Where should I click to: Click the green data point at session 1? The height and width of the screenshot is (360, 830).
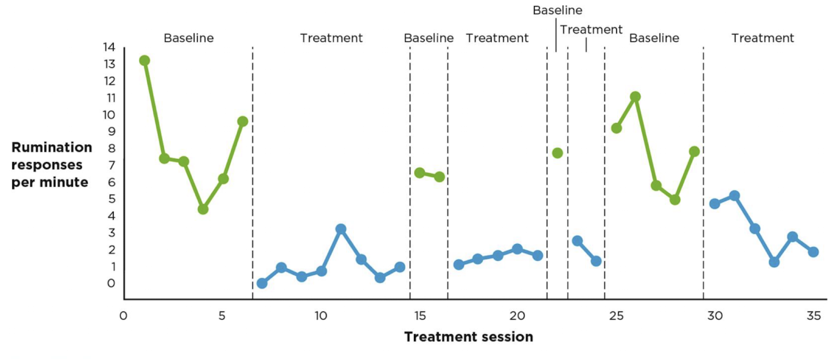point(145,61)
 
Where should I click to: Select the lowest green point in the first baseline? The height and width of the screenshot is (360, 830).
point(203,209)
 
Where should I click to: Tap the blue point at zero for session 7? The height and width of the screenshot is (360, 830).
point(262,283)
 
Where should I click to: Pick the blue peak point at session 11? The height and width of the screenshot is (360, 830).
point(341,229)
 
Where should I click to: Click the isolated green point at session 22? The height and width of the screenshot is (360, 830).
point(558,153)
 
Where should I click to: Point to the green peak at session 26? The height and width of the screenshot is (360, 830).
point(635,96)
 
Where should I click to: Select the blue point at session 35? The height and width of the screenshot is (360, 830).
point(813,252)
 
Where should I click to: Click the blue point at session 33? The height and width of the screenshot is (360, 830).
point(774,262)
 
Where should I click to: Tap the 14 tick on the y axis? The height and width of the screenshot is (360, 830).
point(109,47)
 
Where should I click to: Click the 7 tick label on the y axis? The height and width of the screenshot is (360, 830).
point(111,165)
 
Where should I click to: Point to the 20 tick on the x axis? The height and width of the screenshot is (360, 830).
point(517,316)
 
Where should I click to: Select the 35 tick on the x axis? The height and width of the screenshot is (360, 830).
point(814,316)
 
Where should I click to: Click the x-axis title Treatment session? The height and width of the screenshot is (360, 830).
point(468,337)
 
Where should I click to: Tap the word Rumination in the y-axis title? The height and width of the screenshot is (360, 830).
point(52,148)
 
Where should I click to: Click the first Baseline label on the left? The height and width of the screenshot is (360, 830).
point(189,38)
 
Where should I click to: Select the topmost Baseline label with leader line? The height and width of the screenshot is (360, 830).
point(558,10)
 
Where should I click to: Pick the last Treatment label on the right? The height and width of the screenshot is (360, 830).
point(762,38)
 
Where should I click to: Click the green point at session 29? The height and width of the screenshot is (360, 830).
point(694,151)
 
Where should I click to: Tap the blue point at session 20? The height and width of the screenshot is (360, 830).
point(517,249)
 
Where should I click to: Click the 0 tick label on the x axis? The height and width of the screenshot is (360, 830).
point(123,316)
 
